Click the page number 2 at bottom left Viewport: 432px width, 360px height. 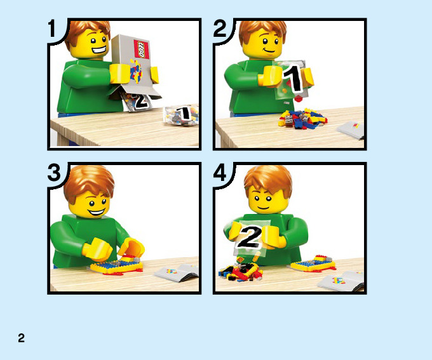(x=21, y=338)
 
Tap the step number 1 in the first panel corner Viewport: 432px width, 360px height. (x=52, y=29)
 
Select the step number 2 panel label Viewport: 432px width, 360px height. (x=220, y=29)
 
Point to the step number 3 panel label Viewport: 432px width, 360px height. (x=54, y=173)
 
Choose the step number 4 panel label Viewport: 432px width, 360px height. (x=220, y=173)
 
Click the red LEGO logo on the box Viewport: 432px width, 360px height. (x=141, y=49)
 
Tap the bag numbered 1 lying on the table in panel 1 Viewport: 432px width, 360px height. (x=181, y=115)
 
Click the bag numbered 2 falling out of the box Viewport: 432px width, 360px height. (x=137, y=102)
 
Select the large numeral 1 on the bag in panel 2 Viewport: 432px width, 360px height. (x=294, y=78)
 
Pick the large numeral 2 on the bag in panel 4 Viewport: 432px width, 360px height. (x=250, y=237)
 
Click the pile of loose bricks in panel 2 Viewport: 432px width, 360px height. (x=302, y=119)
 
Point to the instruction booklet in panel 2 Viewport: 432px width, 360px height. (x=350, y=130)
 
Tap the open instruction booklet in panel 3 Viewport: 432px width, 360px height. (x=177, y=272)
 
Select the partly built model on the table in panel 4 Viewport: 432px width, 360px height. (x=313, y=264)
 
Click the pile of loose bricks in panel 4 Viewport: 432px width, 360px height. (x=240, y=272)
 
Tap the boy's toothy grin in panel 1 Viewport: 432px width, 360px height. (x=99, y=50)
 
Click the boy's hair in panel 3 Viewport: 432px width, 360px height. (x=89, y=181)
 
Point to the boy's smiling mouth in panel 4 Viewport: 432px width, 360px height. (x=263, y=208)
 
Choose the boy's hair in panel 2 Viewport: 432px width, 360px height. (x=262, y=31)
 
